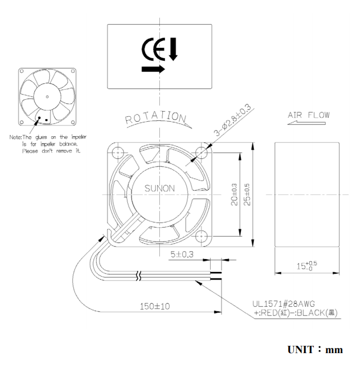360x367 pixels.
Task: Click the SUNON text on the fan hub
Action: coord(160,189)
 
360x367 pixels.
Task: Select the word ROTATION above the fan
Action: coord(156,117)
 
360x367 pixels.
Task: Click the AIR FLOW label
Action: coord(309,115)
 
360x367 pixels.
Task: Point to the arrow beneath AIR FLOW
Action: coord(307,123)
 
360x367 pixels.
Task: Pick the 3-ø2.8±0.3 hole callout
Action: coord(233,120)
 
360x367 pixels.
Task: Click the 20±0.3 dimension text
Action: coord(234,195)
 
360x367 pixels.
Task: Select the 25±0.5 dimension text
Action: coord(247,195)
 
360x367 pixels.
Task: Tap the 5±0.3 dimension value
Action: coord(182,254)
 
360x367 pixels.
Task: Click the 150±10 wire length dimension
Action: coord(155,306)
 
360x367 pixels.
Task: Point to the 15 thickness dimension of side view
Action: coord(307,266)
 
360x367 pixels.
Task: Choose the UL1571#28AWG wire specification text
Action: coord(283,304)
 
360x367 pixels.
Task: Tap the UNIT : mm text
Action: coord(315,350)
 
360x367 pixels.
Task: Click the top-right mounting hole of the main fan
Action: coord(201,153)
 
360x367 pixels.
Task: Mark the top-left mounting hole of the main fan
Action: coord(118,153)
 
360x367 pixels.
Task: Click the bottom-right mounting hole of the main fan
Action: coord(201,236)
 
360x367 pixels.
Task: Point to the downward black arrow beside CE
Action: coord(174,49)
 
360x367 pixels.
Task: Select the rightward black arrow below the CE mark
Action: coord(154,69)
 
